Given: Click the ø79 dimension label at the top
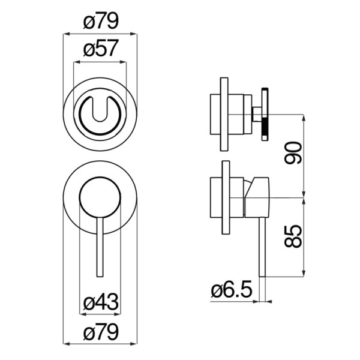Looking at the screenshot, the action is (x=101, y=20).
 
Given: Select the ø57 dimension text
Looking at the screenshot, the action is (x=101, y=48).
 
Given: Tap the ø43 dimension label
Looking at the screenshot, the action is (x=101, y=302).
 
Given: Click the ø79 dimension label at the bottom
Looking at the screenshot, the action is (x=101, y=332).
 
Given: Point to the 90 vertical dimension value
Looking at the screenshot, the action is (x=293, y=153).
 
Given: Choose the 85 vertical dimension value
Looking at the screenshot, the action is (x=293, y=236).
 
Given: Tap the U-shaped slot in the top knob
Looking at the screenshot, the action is (x=100, y=110).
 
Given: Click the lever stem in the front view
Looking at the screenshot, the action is (x=100, y=247).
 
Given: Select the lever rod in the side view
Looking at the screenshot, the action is (x=262, y=247).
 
